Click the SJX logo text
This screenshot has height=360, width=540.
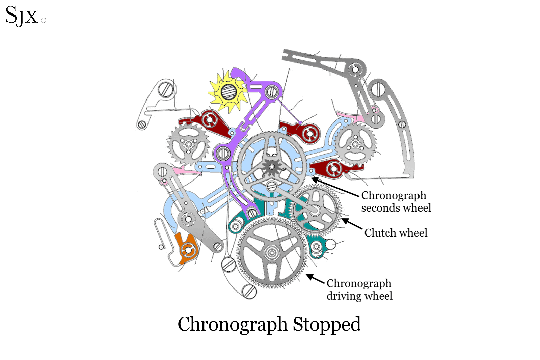[x=22, y=16]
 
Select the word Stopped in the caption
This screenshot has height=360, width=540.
[x=327, y=324]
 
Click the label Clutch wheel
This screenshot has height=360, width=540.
[x=396, y=233]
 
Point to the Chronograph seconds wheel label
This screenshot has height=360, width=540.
[x=396, y=201]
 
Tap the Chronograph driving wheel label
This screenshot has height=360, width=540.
[x=359, y=289]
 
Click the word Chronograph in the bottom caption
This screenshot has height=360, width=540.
[x=233, y=324]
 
